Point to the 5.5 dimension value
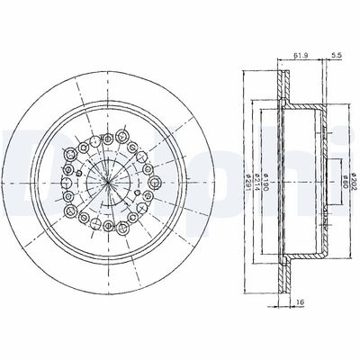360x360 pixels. click(x=336, y=55)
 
